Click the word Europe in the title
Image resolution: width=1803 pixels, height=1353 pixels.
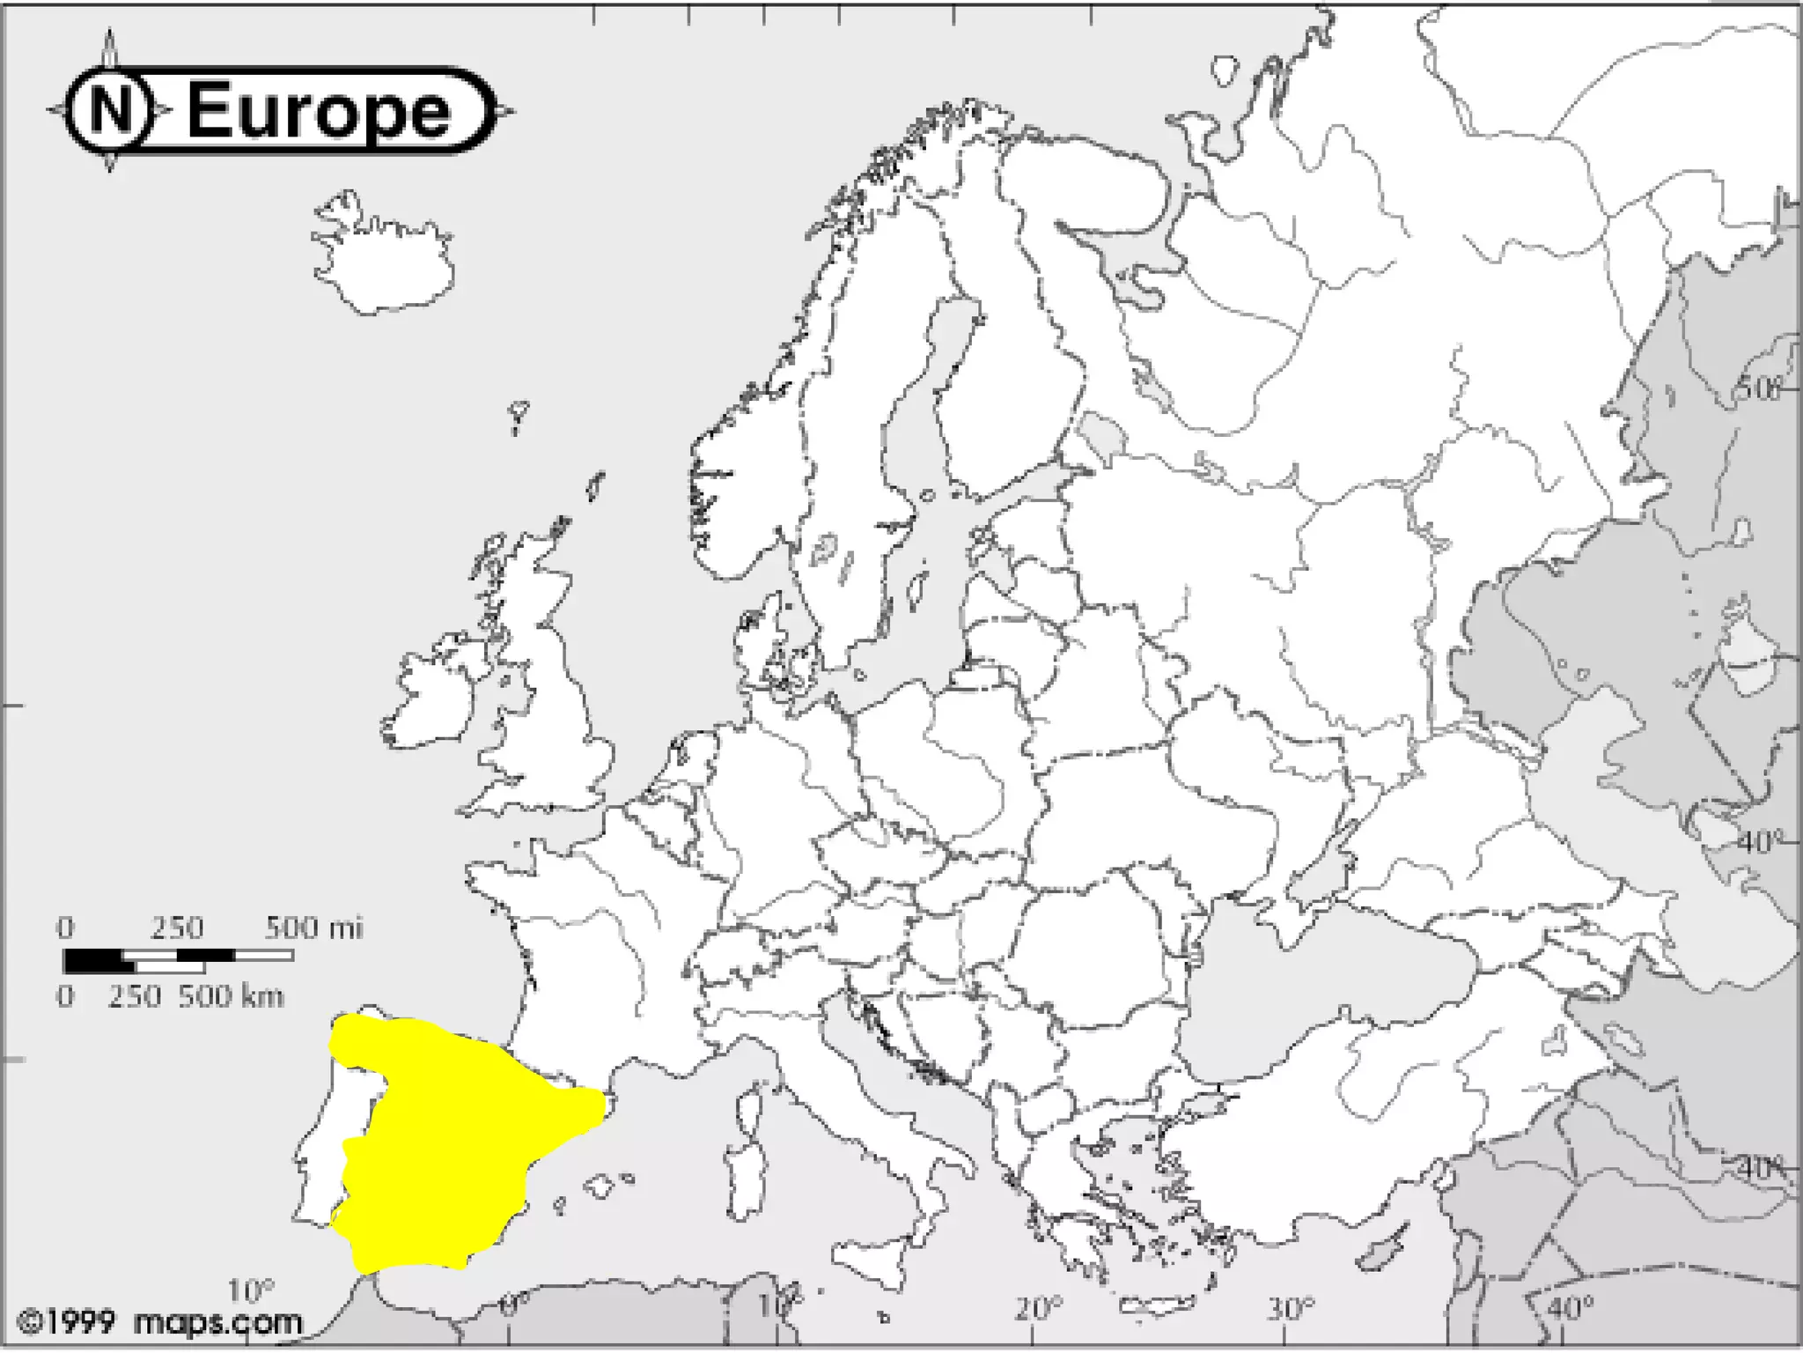pyautogui.click(x=319, y=111)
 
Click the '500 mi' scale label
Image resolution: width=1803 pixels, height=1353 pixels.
pyautogui.click(x=313, y=928)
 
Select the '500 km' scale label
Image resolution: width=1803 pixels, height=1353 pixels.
pyautogui.click(x=231, y=996)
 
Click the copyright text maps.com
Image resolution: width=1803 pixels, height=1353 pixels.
pyautogui.click(x=217, y=1322)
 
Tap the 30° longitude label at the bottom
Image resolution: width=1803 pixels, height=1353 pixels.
pyautogui.click(x=1291, y=1308)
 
